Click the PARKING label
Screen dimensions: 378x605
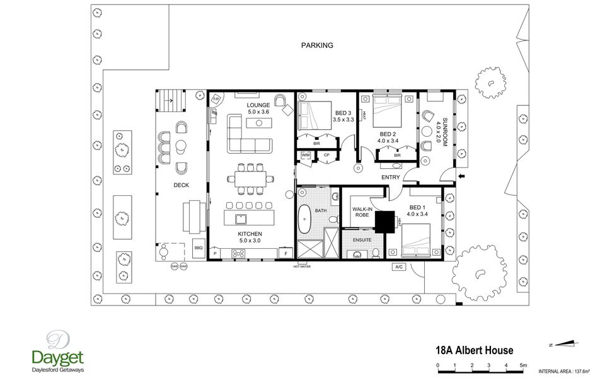pyautogui.click(x=317, y=45)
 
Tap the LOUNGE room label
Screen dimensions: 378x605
pyautogui.click(x=258, y=105)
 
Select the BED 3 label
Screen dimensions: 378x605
pyautogui.click(x=343, y=113)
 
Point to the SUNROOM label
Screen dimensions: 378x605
pyautogui.click(x=445, y=132)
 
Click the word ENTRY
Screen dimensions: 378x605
pyautogui.click(x=391, y=178)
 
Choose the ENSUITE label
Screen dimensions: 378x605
pyautogui.click(x=362, y=240)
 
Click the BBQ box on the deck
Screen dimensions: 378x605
pyautogui.click(x=198, y=248)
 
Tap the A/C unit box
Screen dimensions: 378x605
pyautogui.click(x=399, y=266)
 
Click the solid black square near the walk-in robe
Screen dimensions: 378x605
pyautogui.click(x=384, y=221)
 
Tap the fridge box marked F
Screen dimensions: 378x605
pyautogui.click(x=286, y=253)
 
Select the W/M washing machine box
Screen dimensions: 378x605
pyautogui.click(x=306, y=155)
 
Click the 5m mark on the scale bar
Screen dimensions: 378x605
pyautogui.click(x=523, y=365)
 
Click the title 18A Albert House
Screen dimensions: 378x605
pyautogui.click(x=475, y=350)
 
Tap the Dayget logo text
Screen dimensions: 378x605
pyautogui.click(x=58, y=357)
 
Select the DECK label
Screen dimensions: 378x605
pyautogui.click(x=182, y=185)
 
